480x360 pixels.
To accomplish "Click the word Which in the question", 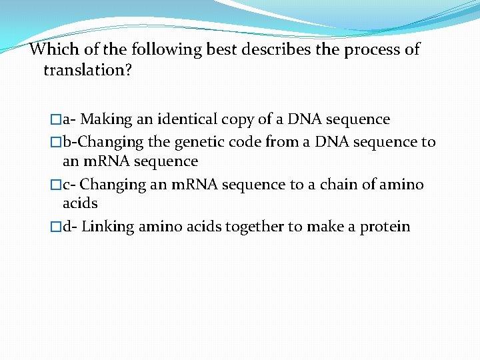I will tap(52, 49).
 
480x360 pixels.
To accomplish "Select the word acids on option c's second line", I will tap(80, 203).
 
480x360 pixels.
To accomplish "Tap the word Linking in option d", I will tap(107, 227).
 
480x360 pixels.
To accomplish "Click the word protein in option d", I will tap(385, 227).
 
